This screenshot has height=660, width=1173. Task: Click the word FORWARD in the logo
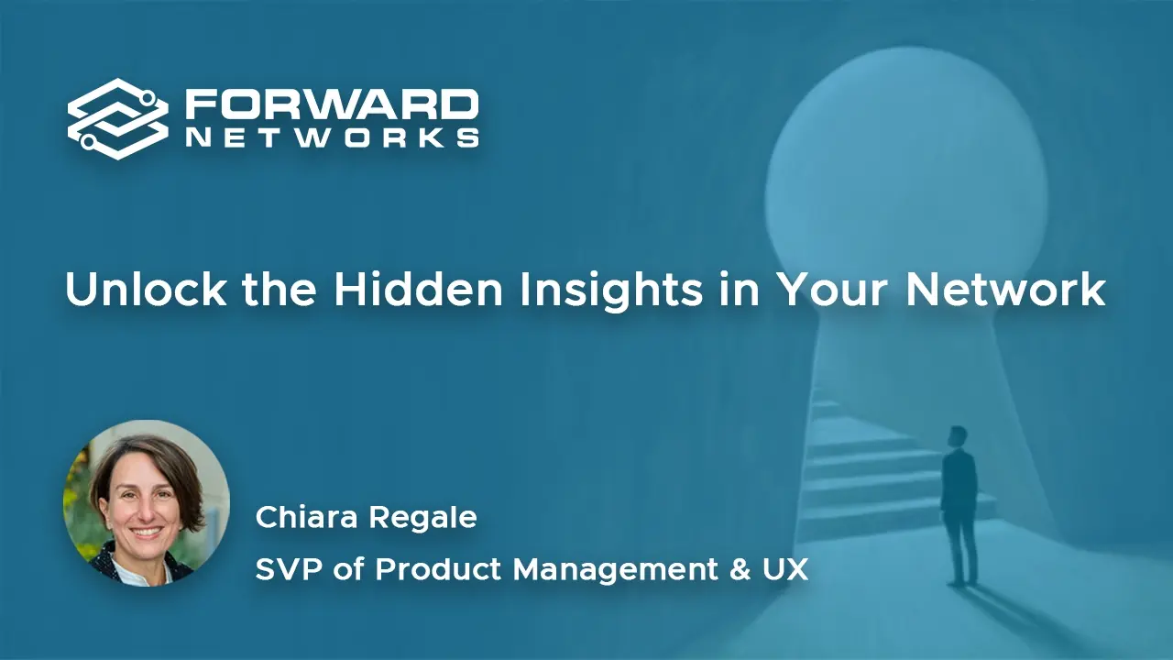click(332, 104)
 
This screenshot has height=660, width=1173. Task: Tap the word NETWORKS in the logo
click(333, 137)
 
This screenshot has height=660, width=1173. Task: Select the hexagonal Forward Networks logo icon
click(118, 119)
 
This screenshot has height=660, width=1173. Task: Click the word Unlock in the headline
click(146, 289)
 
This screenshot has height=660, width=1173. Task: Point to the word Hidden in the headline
click(419, 289)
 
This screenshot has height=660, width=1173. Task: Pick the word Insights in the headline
click(610, 292)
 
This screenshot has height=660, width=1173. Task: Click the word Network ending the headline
click(1006, 289)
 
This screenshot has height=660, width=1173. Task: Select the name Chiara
click(306, 517)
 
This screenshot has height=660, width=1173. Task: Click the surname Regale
click(422, 520)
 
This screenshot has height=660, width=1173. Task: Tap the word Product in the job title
click(438, 569)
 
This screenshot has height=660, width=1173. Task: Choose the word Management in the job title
click(615, 571)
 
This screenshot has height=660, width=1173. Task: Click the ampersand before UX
click(740, 569)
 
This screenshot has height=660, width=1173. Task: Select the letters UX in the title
click(785, 569)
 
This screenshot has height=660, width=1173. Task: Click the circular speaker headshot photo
click(146, 503)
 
